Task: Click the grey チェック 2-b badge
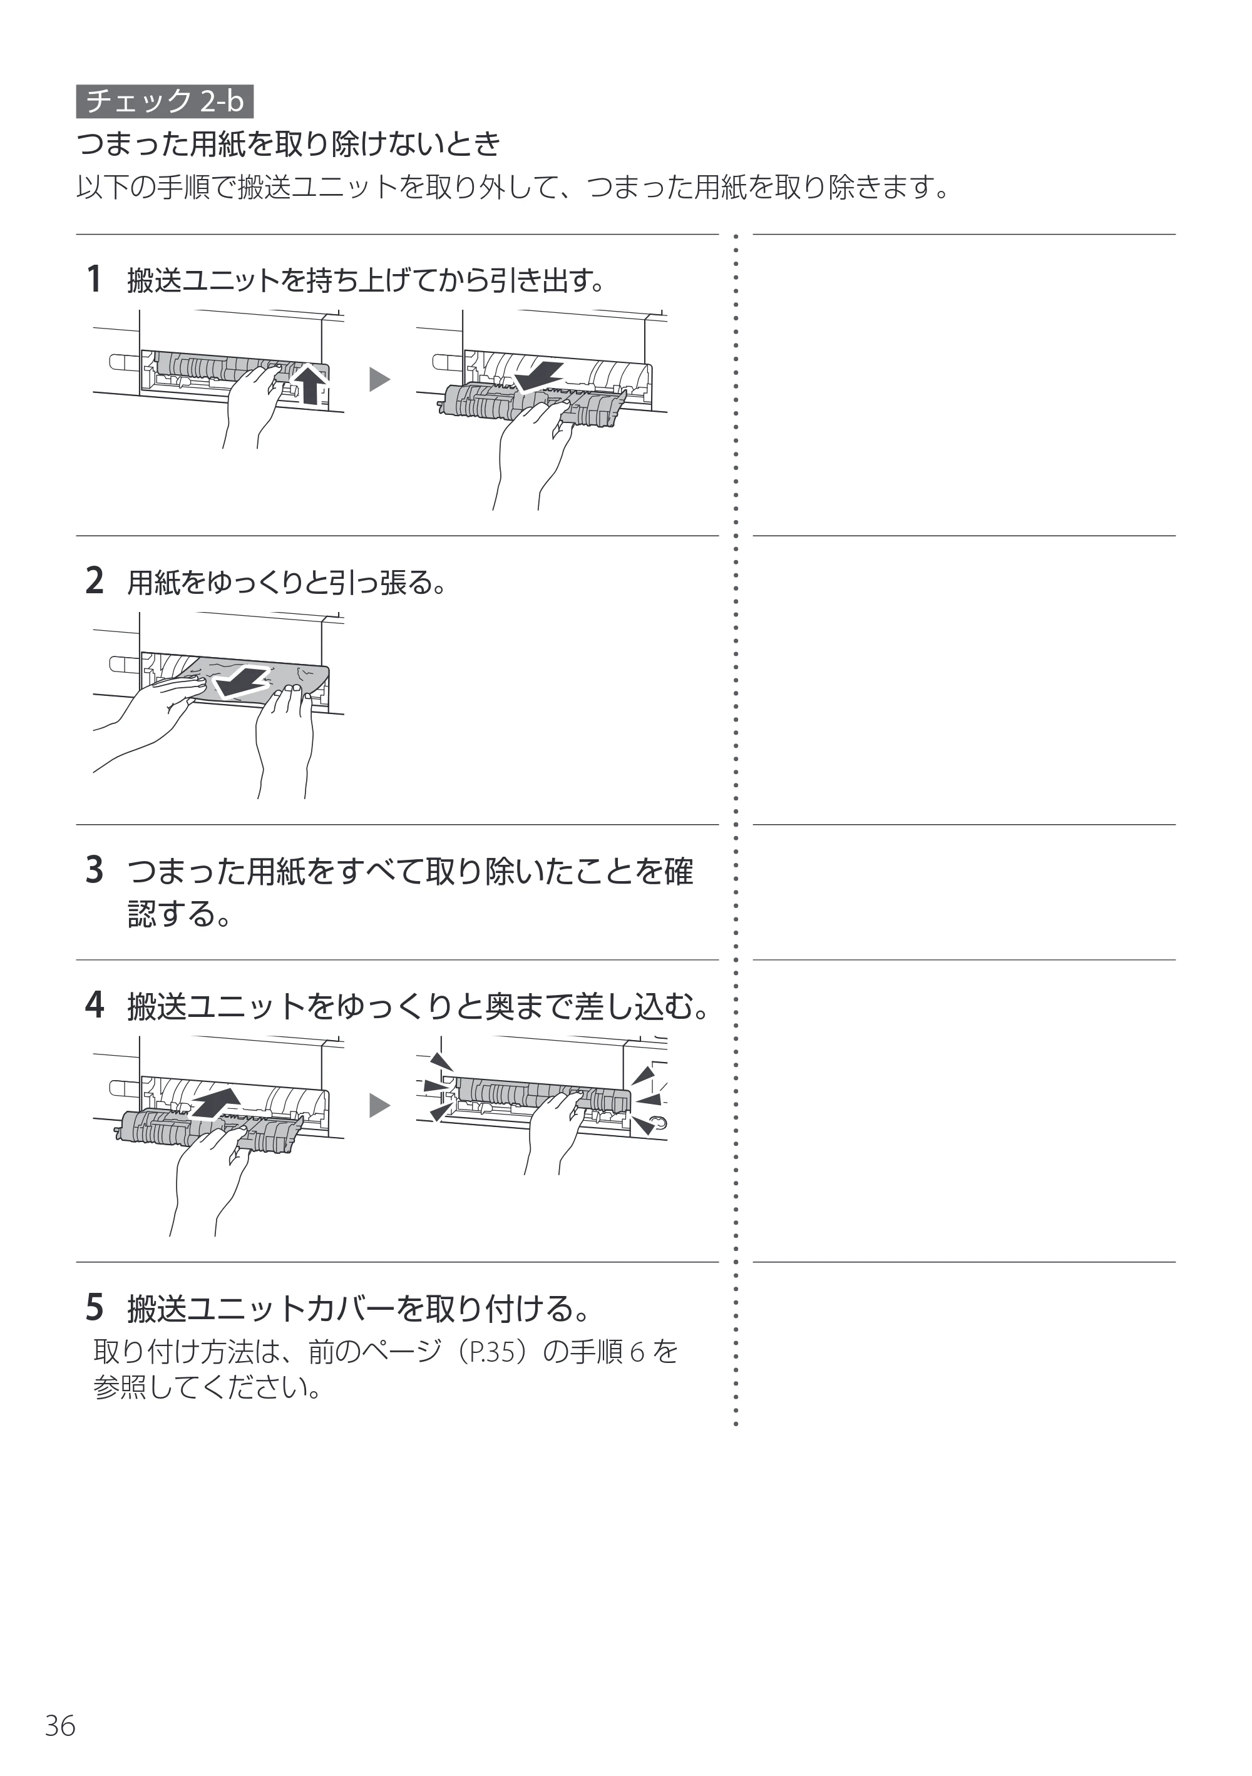(165, 101)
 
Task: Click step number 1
(94, 278)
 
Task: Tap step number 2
(94, 580)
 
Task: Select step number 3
(94, 869)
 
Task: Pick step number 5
(94, 1307)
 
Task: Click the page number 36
(60, 1726)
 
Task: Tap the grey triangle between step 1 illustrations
(379, 380)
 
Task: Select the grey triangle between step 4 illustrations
(379, 1106)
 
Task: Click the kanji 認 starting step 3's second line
(141, 914)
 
